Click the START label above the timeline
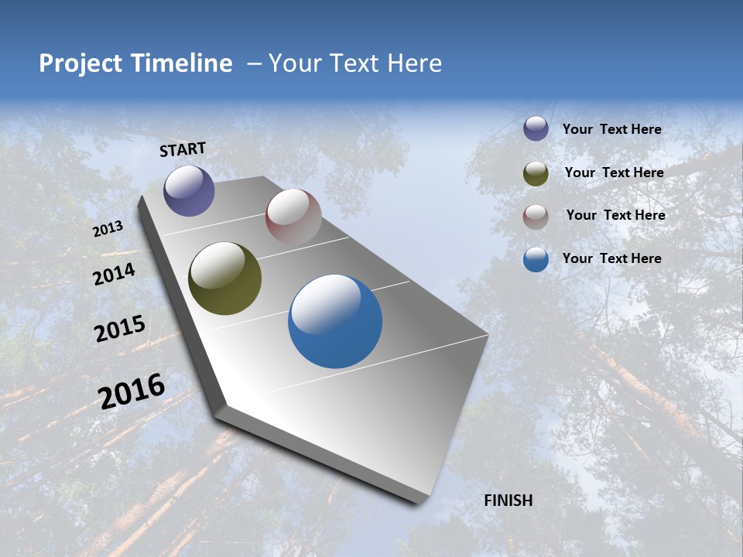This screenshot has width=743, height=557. [x=183, y=149]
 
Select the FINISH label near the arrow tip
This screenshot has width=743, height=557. [x=508, y=501]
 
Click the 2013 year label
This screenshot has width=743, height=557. [x=108, y=229]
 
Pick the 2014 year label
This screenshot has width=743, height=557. [x=115, y=274]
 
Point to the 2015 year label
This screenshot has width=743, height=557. [x=120, y=329]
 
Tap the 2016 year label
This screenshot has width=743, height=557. [x=132, y=391]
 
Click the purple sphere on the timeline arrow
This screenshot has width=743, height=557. [x=189, y=190]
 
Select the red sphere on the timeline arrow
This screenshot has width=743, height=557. [x=293, y=217]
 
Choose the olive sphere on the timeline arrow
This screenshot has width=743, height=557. [x=224, y=278]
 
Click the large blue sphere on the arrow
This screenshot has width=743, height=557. [x=335, y=321]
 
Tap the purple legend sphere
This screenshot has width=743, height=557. [x=536, y=128]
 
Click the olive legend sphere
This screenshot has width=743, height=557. [x=536, y=173]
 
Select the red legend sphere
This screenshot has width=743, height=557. [x=536, y=217]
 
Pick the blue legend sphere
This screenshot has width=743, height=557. [x=536, y=260]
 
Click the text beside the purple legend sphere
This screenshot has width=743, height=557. [x=611, y=130]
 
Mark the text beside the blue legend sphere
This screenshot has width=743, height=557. [x=611, y=258]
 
